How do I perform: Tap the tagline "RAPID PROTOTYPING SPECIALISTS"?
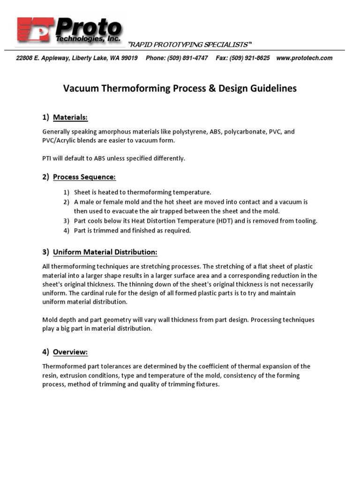pyautogui.click(x=190, y=45)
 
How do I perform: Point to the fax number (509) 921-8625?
pyautogui.click(x=249, y=58)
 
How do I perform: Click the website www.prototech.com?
pyautogui.click(x=304, y=58)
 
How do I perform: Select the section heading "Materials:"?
pyautogui.click(x=70, y=117)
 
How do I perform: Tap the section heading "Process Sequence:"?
pyautogui.click(x=84, y=177)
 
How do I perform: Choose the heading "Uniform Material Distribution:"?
pyautogui.click(x=105, y=252)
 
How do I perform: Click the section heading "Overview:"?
pyautogui.click(x=70, y=352)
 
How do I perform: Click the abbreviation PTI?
pyautogui.click(x=47, y=158)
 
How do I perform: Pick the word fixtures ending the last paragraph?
pyautogui.click(x=206, y=384)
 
